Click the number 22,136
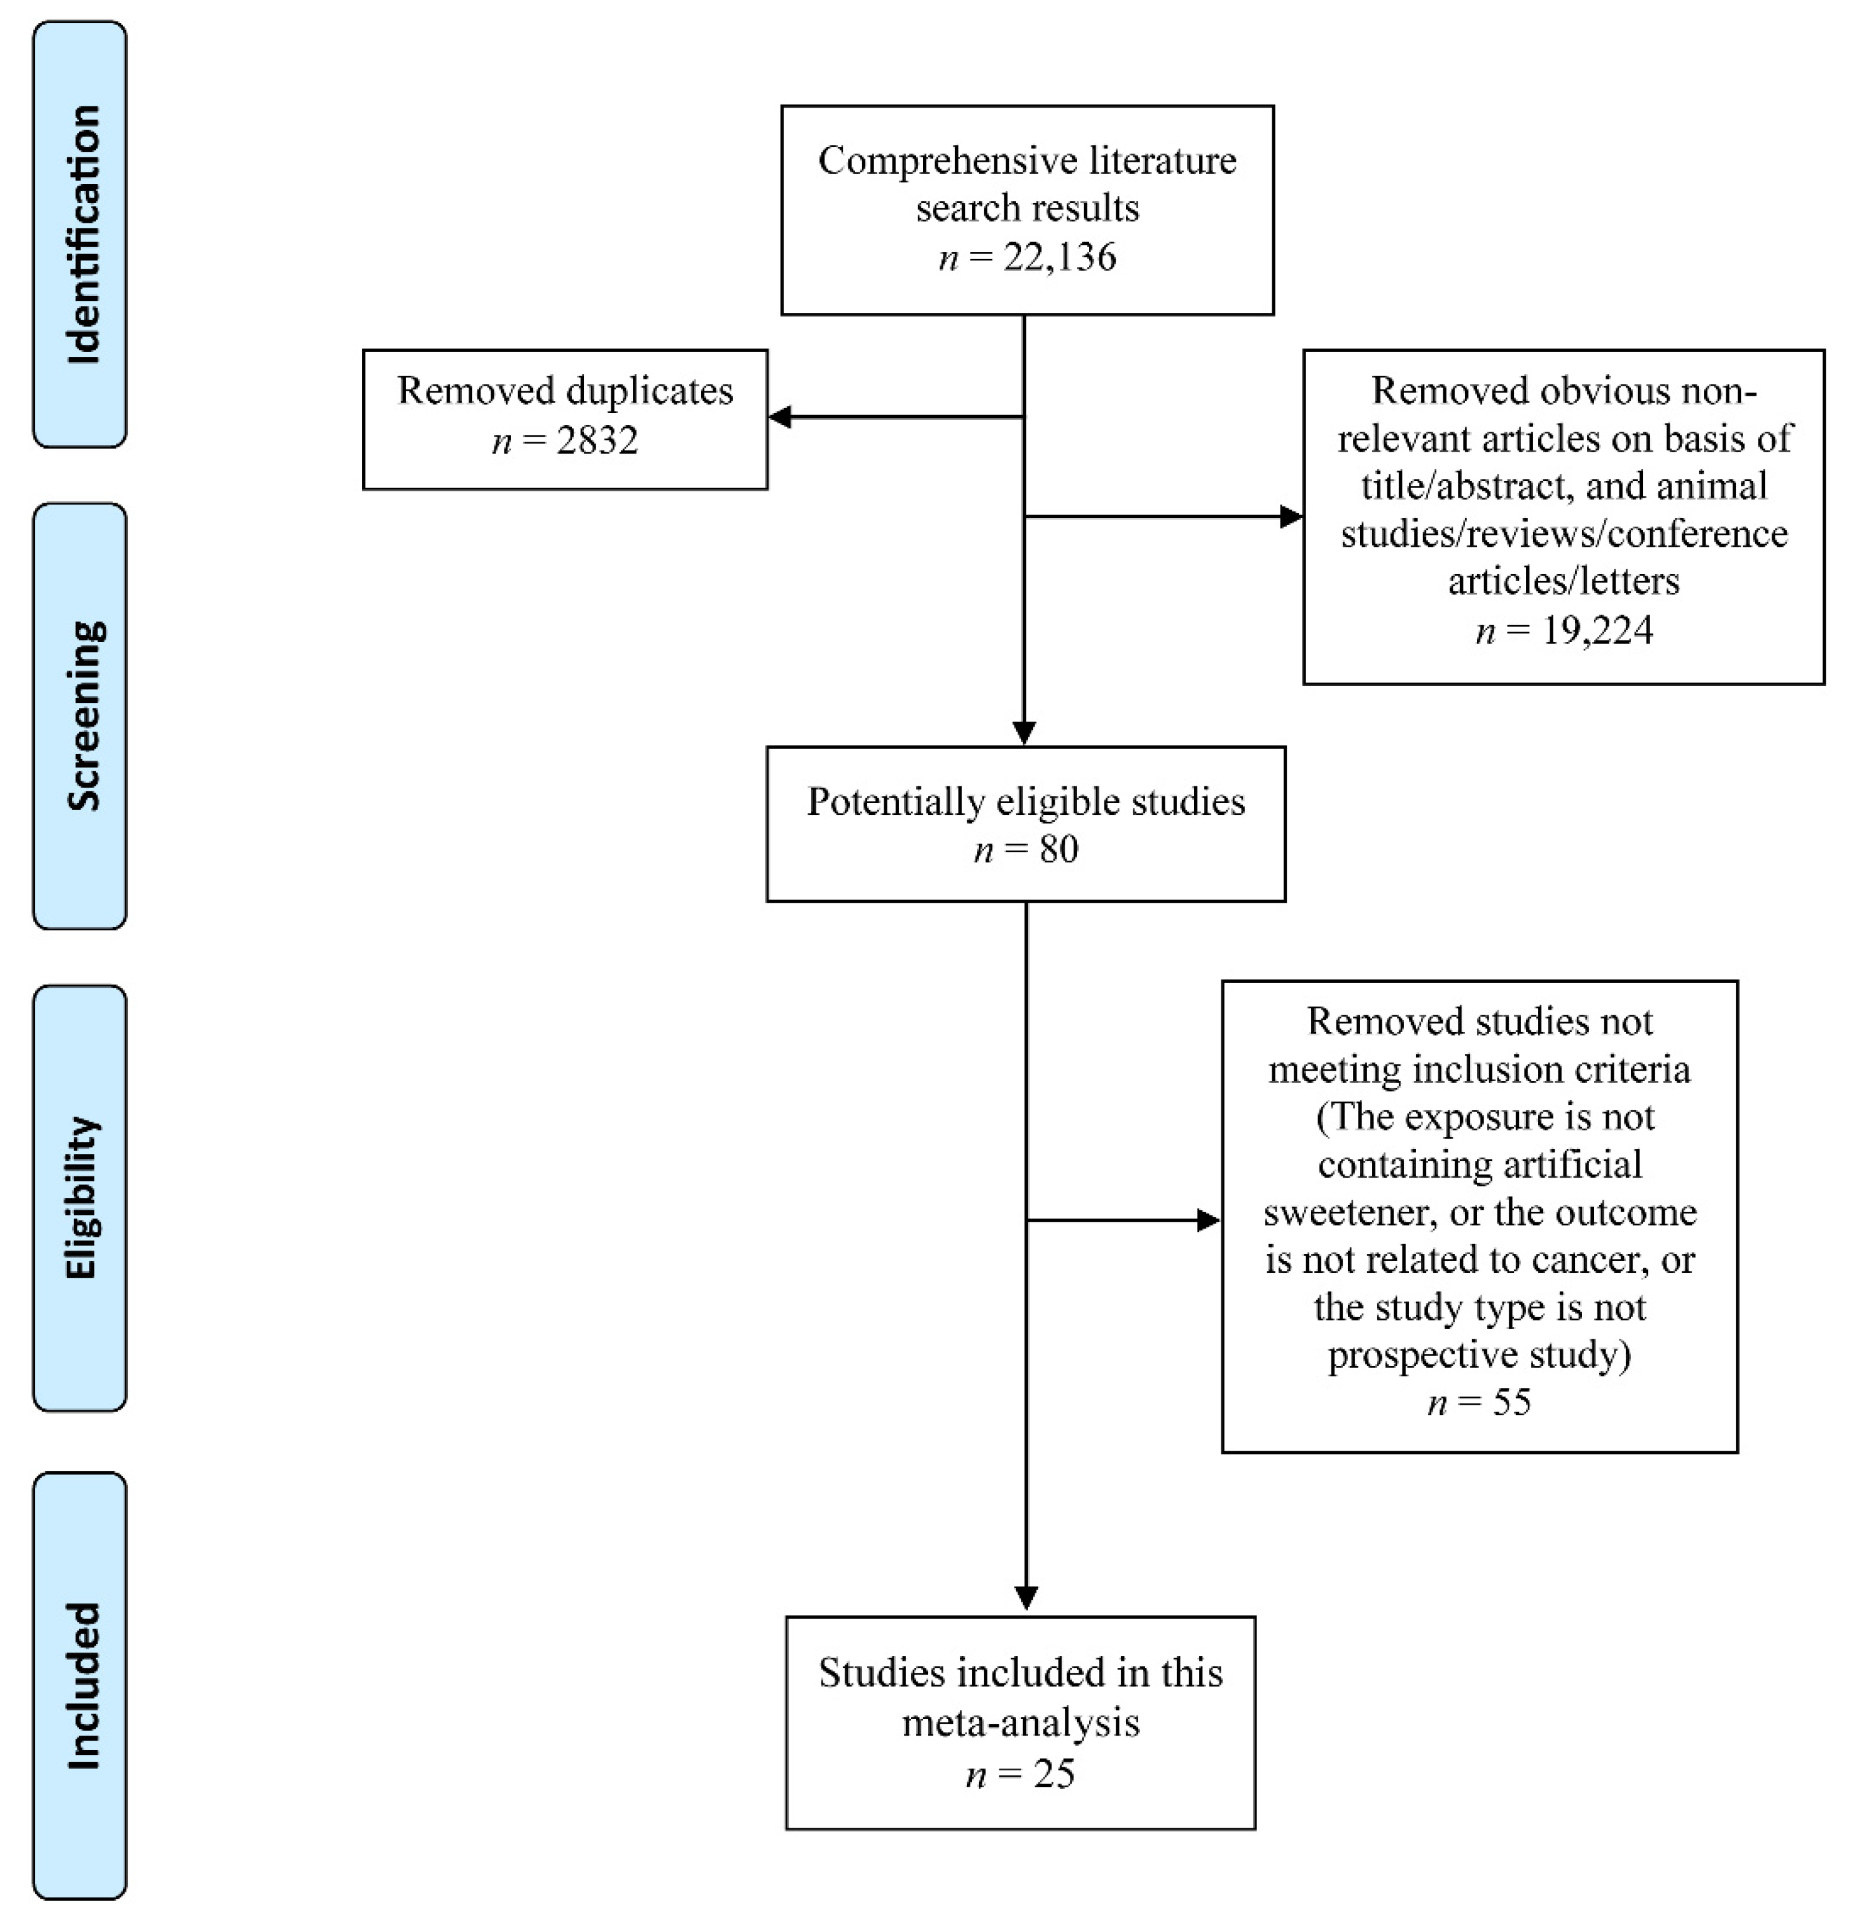click(1059, 257)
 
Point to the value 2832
click(598, 441)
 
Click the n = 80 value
click(1026, 849)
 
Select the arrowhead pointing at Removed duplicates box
click(780, 417)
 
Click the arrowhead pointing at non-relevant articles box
click(1292, 516)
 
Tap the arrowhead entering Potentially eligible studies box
click(1024, 733)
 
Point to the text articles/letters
click(1564, 581)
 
